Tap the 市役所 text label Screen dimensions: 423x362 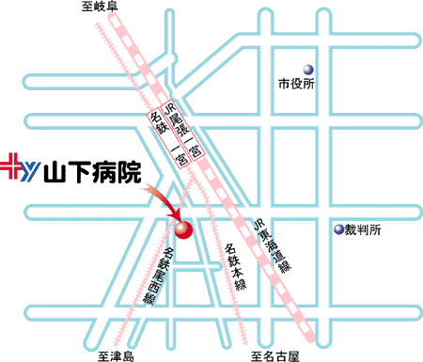294,84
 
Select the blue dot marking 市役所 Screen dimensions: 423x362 307,68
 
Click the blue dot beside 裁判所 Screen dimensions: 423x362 340,229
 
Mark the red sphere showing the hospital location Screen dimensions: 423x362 181,229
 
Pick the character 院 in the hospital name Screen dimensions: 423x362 131,172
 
